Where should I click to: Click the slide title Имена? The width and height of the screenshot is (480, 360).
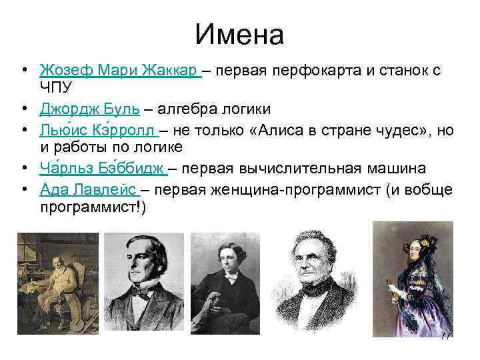[240, 35]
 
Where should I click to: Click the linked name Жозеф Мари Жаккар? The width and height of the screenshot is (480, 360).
[120, 70]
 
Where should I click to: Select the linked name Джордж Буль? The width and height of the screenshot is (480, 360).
[89, 108]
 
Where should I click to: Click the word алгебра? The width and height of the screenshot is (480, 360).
[190, 108]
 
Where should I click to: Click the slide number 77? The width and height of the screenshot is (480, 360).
[445, 335]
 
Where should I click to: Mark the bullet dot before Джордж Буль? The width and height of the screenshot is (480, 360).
[23, 108]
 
